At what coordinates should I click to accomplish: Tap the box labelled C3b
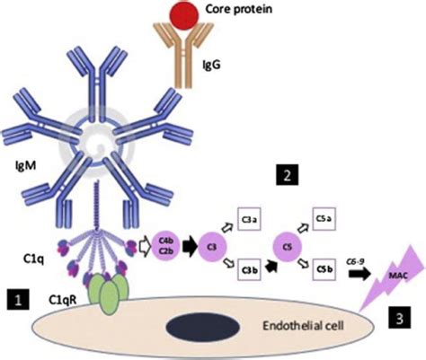point(252,269)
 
